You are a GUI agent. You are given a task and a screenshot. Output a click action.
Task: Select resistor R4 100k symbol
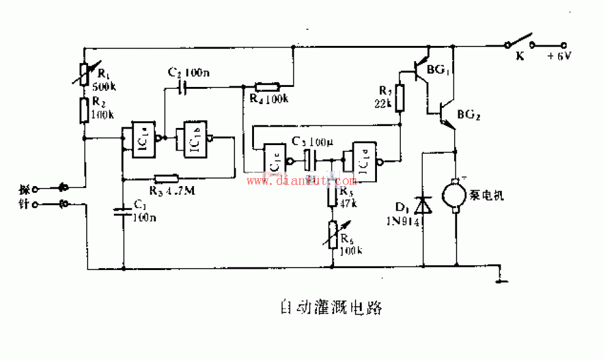pyautogui.click(x=267, y=87)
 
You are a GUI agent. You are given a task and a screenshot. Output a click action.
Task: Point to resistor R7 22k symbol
pyautogui.click(x=400, y=98)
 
